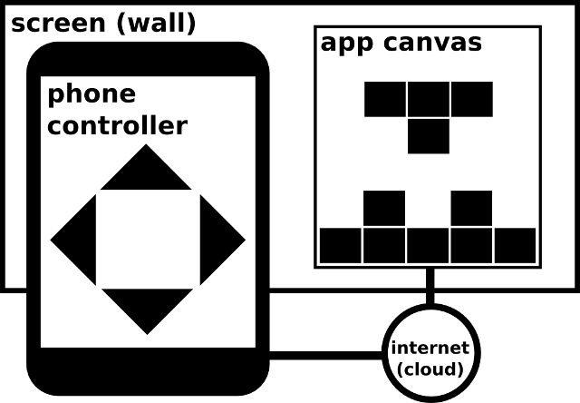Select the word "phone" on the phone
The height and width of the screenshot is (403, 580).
pos(91,94)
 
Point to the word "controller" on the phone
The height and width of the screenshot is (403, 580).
pos(117,125)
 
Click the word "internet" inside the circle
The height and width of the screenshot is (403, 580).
pos(430,348)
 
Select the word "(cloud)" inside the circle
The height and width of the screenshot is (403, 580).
pos(430,369)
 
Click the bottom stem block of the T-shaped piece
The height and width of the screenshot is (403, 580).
pos(428,136)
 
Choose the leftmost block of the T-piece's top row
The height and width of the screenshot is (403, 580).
pos(385,99)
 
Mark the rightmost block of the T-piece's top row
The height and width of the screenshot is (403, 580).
pos(471,99)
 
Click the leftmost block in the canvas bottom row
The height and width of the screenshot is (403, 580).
pos(341,245)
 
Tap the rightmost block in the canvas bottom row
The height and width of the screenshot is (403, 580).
pos(515,245)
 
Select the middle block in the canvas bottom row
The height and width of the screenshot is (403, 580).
pos(428,245)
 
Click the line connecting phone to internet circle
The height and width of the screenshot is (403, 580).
pos(326,354)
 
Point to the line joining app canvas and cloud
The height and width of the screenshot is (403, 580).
pos(430,287)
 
